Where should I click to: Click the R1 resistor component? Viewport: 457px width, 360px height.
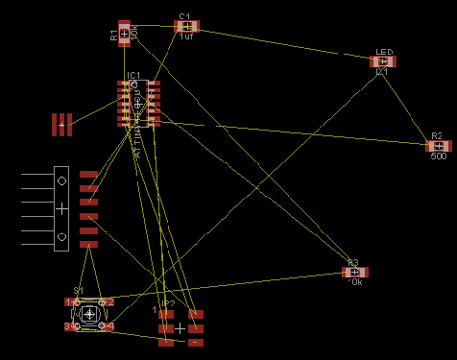coord(124,34)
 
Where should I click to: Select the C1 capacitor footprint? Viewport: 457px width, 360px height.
coord(185,26)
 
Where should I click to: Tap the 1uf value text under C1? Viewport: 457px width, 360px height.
coord(185,36)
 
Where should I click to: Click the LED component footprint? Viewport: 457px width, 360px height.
coord(383,61)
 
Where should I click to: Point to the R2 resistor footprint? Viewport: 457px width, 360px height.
coord(438,146)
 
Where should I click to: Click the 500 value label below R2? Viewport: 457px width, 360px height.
coord(438,156)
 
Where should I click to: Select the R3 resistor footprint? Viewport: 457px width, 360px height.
coord(354,272)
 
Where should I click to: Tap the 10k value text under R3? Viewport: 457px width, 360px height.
coord(354,283)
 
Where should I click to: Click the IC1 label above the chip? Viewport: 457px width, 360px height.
coord(134,75)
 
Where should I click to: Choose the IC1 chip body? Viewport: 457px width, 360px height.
coord(139,104)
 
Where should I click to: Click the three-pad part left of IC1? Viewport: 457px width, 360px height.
coord(62,124)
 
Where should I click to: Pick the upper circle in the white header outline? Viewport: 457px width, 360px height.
coord(61,180)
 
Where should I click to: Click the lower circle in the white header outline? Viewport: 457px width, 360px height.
coord(61,236)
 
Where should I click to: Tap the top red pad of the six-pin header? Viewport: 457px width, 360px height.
coord(89,174)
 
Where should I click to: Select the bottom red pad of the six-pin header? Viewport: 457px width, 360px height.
coord(89,245)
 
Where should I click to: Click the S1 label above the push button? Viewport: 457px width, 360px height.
coord(79,291)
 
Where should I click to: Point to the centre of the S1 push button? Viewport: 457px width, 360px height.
coord(89,314)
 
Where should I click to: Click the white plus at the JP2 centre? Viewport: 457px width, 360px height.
coord(180,327)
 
